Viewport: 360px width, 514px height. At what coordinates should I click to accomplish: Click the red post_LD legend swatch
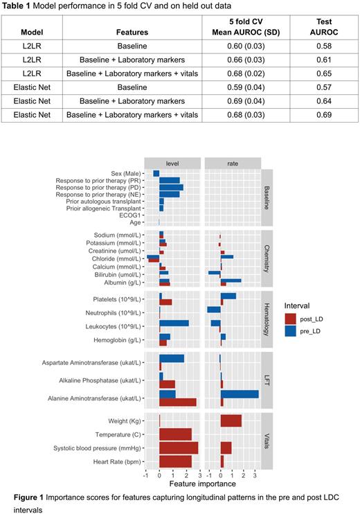(294, 318)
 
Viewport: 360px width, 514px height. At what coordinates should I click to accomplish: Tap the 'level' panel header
(179, 161)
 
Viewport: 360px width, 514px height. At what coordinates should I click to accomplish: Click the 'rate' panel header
(232, 161)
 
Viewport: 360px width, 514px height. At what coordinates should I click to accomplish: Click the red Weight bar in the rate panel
(231, 421)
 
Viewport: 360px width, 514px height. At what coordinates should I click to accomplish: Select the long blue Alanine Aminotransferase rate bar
(240, 394)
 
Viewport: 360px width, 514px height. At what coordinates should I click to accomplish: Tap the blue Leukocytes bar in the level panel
(174, 323)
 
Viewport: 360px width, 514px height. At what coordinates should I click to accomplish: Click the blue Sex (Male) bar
(156, 173)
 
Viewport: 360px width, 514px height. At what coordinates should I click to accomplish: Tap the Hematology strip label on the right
(268, 319)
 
